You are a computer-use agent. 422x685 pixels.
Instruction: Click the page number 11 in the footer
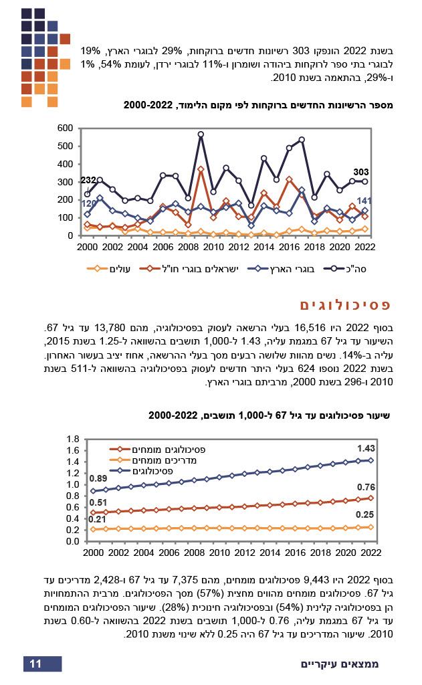36,664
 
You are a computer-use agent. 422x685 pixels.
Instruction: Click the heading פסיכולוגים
345,305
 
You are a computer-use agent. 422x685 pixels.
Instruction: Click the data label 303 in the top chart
361,172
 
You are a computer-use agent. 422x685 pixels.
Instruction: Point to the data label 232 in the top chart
88,181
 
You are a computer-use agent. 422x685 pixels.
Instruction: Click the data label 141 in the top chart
365,201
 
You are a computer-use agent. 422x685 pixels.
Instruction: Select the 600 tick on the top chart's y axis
65,128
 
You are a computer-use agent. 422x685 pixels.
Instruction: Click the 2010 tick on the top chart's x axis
213,247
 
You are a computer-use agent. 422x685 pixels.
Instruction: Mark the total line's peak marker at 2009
201,134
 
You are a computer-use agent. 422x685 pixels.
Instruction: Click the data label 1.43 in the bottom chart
366,448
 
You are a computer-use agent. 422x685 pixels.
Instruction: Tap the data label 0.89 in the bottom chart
98,478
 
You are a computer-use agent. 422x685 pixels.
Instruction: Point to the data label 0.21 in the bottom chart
98,519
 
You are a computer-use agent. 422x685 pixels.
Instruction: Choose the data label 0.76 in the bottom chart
366,487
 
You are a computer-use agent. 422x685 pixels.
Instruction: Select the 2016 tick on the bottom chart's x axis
295,553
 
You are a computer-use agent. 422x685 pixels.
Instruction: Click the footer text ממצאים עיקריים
340,664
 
